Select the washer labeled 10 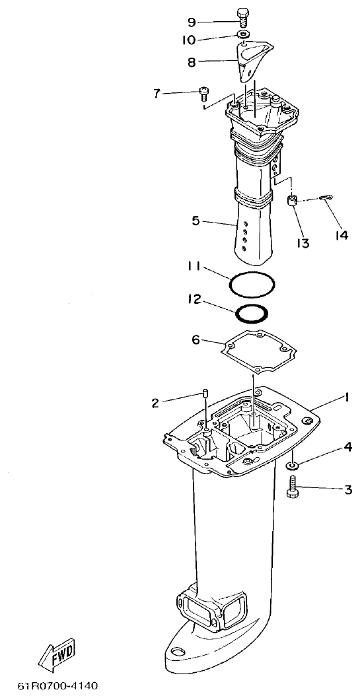pos(244,34)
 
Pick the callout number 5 pos(196,221)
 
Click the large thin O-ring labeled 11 pos(252,285)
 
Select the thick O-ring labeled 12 pos(252,312)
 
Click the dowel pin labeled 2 pos(205,396)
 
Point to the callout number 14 pos(341,235)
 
